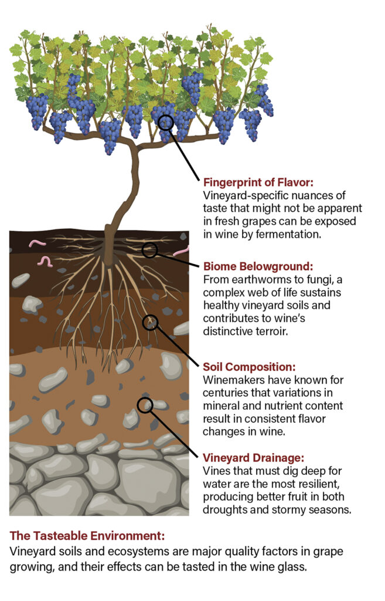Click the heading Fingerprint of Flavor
pos(259,182)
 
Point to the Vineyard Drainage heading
pos(254,458)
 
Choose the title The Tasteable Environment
pos(88,536)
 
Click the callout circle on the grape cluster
pos(166,122)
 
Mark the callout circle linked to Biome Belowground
pos(150,250)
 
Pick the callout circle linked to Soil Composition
pos(150,322)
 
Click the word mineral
pos(222,406)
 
